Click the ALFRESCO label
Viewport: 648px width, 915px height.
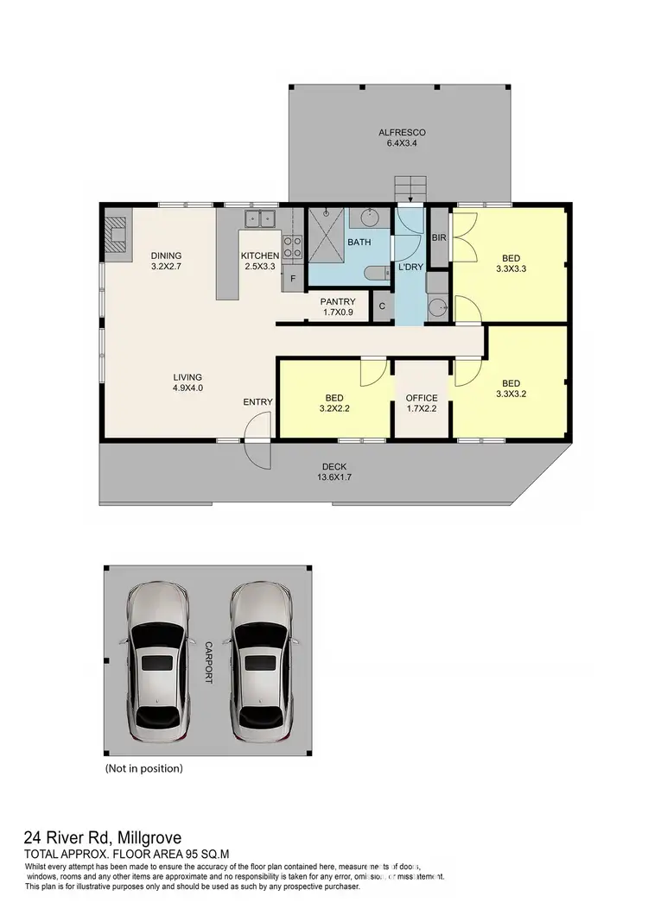(402, 138)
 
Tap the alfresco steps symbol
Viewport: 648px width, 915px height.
(411, 188)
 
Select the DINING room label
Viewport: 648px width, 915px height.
(166, 261)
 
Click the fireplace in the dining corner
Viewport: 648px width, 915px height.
(115, 233)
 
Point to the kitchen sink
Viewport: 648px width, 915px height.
(259, 218)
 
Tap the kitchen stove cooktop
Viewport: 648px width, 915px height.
(293, 248)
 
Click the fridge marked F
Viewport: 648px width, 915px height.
(293, 278)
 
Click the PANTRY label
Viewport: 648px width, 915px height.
(338, 306)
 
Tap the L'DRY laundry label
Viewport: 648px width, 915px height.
(410, 268)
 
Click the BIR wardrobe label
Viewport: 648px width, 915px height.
(438, 237)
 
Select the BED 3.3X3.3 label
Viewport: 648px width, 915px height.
(511, 262)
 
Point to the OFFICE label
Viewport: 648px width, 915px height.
(422, 403)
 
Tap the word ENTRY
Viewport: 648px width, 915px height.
(257, 402)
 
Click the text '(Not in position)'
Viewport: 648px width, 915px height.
(143, 767)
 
